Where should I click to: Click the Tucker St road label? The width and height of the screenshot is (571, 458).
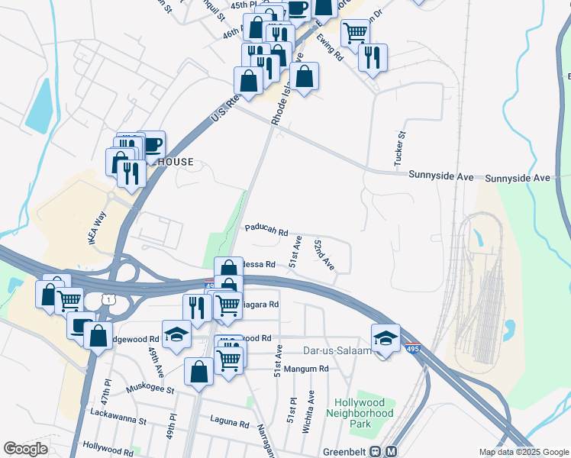398,148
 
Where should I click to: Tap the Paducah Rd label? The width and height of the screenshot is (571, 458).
266,229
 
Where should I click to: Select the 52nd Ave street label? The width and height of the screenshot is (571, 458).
324,254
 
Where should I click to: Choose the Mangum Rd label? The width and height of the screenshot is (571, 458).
305,369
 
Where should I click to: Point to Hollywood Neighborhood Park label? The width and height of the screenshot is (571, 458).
363,412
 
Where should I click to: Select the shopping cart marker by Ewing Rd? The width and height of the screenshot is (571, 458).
355,33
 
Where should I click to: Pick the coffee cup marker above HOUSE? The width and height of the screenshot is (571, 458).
151,144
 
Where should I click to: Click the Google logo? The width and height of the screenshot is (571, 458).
25,449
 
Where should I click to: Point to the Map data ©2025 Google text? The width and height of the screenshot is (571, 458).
523,452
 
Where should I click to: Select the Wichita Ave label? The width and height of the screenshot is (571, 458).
308,412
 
